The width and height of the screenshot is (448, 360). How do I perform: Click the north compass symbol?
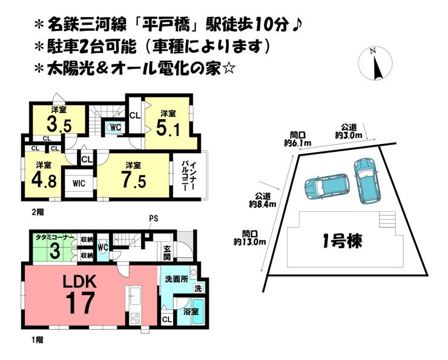pyautogui.click(x=375, y=64)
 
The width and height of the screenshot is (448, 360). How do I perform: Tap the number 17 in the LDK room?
pyautogui.click(x=80, y=303)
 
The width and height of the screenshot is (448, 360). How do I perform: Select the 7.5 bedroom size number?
pyautogui.click(x=134, y=180)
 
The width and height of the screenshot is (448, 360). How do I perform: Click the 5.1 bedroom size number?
pyautogui.click(x=168, y=128)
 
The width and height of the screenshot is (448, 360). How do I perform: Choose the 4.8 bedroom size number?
pyautogui.click(x=44, y=180)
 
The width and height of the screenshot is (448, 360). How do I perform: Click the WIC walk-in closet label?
pyautogui.click(x=79, y=183)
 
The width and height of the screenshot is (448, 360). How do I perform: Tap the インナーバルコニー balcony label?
pyautogui.click(x=188, y=176)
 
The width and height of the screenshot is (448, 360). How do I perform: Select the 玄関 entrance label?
pyautogui.click(x=167, y=252)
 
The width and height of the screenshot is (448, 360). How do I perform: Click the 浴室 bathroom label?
pyautogui.click(x=191, y=311)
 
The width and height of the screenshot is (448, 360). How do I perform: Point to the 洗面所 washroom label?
pyautogui.click(x=177, y=279)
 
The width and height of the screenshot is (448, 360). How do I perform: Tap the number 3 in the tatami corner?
pyautogui.click(x=55, y=250)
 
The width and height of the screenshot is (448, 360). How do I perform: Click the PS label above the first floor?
pyautogui.click(x=153, y=218)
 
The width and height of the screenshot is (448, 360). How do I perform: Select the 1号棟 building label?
pyautogui.click(x=342, y=241)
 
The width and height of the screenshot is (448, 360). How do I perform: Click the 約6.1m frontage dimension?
pyautogui.click(x=298, y=143)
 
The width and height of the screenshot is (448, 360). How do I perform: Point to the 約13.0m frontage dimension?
pyautogui.click(x=249, y=242)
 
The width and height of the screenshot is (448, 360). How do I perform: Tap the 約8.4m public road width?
pyautogui.click(x=263, y=204)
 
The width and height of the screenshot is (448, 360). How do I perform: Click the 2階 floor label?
pyautogui.click(x=38, y=212)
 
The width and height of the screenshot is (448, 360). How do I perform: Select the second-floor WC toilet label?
pyautogui.click(x=116, y=128)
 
